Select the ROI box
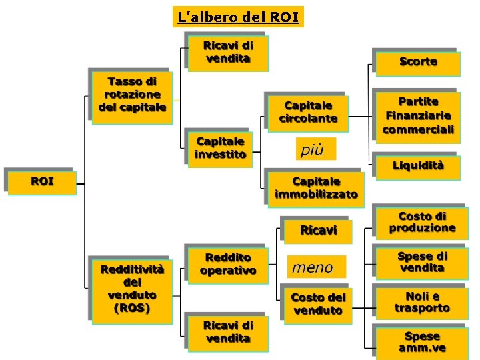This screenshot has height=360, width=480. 42,181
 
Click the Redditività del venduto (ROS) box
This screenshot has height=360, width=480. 132,290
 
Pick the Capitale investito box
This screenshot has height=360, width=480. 220,148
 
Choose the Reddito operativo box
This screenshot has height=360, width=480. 228,265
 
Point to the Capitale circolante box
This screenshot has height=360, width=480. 308,112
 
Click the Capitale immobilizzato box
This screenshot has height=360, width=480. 316,188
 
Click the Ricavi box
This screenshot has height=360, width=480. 318,231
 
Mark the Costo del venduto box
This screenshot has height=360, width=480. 318,305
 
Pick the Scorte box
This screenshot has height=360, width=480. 418,62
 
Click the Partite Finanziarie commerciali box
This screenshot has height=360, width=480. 418,116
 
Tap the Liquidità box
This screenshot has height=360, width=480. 418,166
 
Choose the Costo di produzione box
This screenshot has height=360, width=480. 422,223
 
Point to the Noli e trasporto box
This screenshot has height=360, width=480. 422,303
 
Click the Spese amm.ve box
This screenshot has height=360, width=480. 422,343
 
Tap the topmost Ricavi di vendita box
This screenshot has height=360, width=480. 228,53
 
